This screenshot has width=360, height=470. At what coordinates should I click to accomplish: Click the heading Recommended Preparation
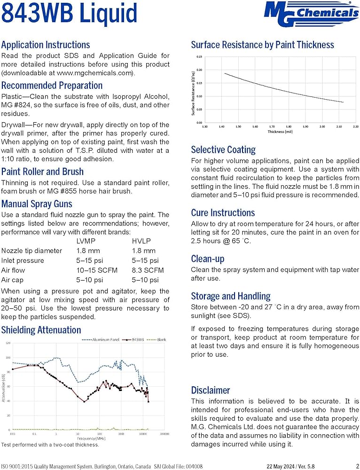[x=52, y=86]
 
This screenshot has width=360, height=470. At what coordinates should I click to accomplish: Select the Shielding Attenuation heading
[x=41, y=330]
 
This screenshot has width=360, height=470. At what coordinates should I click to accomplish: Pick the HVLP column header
[x=141, y=241]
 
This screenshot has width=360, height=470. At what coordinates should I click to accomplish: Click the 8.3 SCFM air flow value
[x=146, y=270]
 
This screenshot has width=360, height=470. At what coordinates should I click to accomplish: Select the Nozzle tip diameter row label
[x=31, y=251]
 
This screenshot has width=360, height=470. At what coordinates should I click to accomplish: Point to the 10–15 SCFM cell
[x=97, y=270]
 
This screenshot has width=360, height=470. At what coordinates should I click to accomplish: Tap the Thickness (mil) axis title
[x=281, y=132]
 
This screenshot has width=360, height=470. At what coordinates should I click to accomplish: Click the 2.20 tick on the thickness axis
[x=355, y=126]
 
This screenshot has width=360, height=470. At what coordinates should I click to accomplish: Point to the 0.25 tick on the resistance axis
[x=199, y=57]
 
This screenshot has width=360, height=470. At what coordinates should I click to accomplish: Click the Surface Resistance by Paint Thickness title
[x=262, y=45]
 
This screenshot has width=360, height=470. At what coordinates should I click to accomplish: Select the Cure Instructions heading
[x=223, y=212]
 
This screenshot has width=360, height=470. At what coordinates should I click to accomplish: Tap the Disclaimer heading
[x=211, y=390]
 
